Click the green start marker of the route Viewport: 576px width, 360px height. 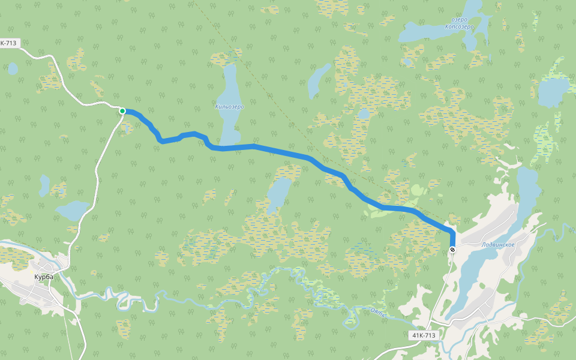pyautogui.click(x=122, y=111)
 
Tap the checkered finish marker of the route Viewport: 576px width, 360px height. pyautogui.click(x=452, y=249)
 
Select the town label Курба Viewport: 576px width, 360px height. pyautogui.click(x=44, y=277)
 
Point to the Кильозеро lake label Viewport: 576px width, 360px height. pyautogui.click(x=229, y=107)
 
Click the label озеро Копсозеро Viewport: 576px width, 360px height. pyautogui.click(x=460, y=23)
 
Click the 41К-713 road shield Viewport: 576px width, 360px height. pyautogui.click(x=424, y=335)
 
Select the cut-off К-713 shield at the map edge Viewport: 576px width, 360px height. pyautogui.click(x=9, y=43)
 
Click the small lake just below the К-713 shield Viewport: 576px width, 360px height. pyautogui.click(x=13, y=68)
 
